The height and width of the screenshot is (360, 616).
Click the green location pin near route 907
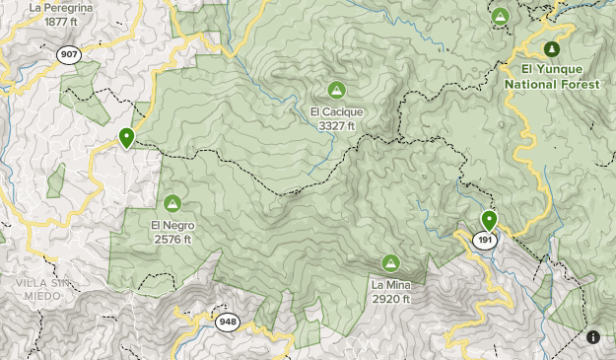[x=126, y=138]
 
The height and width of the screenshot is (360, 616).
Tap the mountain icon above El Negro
[x=171, y=203]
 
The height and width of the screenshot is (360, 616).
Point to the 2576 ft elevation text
[x=171, y=239]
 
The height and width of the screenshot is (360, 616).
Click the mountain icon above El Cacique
[x=336, y=90]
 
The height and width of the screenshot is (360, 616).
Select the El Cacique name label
[x=336, y=111]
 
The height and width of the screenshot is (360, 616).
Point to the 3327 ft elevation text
[x=336, y=125]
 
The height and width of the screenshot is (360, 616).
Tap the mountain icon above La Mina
[x=390, y=262]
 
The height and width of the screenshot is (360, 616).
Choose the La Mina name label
[x=391, y=285]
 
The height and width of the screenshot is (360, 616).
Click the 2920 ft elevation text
[x=391, y=298]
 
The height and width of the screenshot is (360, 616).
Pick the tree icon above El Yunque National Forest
[x=552, y=48]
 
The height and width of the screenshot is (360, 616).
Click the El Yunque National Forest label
[x=552, y=77]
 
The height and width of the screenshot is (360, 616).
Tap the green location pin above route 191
[x=489, y=220]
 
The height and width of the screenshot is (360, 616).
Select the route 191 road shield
[x=485, y=241]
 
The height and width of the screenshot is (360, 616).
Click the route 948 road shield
[x=229, y=322]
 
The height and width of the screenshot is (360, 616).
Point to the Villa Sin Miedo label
[x=37, y=289]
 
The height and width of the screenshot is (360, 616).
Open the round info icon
[x=593, y=337]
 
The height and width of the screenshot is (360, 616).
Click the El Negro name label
[x=171, y=225]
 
